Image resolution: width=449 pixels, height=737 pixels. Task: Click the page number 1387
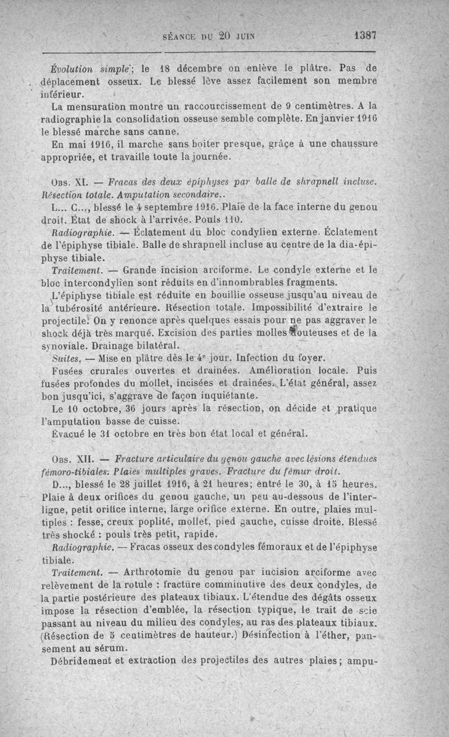coord(365,35)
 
